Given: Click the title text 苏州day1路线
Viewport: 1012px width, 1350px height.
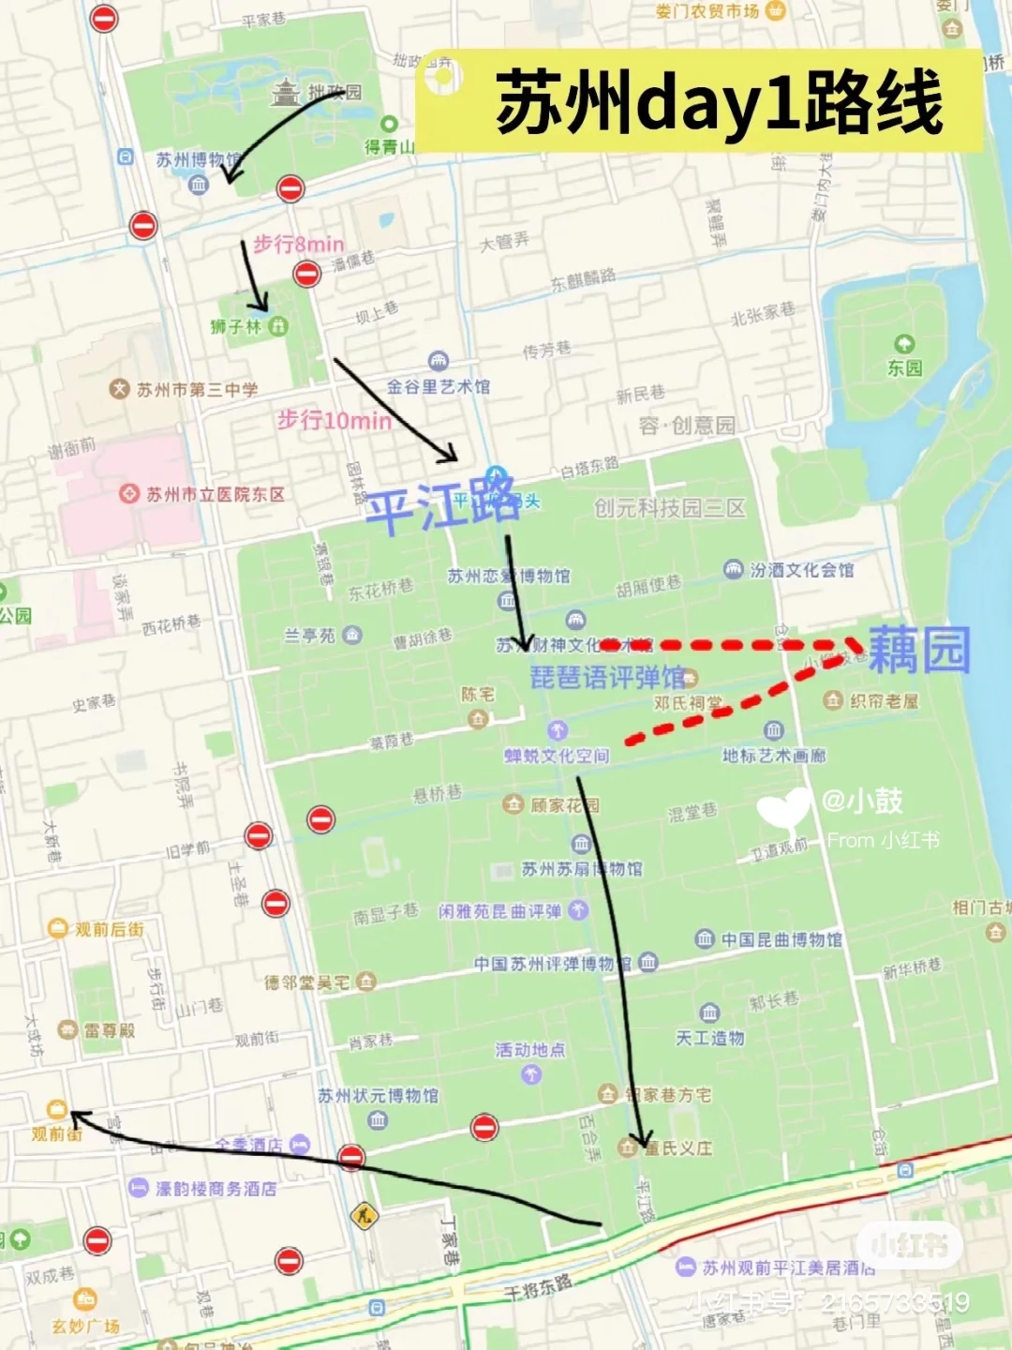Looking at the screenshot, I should point(719,102).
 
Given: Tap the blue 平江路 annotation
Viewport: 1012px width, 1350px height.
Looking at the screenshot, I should point(441,506).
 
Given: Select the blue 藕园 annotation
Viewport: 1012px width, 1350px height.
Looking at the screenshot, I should point(918,650).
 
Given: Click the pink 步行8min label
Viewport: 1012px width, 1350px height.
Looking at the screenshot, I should point(298,245).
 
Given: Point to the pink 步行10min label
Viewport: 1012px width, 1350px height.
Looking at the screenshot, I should point(334,420).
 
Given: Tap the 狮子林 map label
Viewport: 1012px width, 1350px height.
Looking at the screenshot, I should point(236,327).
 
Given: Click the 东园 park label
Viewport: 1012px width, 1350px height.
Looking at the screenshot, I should point(904,367).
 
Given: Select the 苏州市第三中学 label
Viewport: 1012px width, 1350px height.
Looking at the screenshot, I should point(197,389).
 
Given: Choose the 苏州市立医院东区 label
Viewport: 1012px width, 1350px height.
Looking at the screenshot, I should point(215,494).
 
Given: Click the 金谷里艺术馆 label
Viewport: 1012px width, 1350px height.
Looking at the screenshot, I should point(438,386).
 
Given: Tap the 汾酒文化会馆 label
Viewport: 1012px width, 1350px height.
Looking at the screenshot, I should point(801,570).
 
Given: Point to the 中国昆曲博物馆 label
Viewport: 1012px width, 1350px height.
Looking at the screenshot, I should point(781,939).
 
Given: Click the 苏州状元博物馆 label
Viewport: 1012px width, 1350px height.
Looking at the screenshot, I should point(378,1095).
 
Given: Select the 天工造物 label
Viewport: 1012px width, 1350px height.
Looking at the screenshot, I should point(709,1038).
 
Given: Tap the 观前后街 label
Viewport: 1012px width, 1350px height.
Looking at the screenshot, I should point(109,929).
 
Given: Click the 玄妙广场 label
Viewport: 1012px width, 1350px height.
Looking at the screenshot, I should point(85,1326).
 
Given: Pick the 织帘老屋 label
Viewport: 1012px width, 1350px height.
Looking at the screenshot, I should point(883,700).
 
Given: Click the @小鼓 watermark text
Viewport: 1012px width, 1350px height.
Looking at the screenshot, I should point(861,801).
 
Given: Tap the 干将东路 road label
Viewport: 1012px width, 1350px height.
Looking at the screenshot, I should point(538,1287).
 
